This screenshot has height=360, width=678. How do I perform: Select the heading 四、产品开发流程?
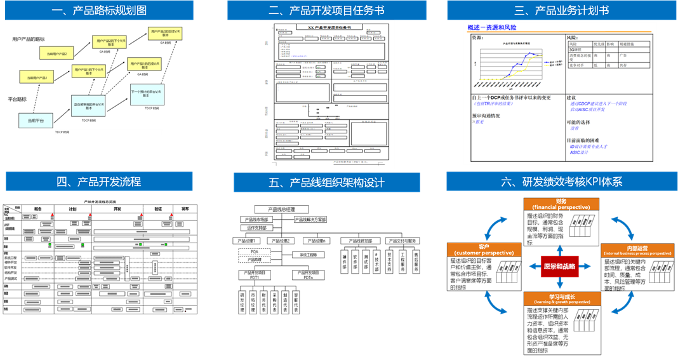click(99, 182)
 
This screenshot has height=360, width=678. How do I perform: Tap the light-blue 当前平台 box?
click(36, 120)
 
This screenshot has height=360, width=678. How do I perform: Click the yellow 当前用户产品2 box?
click(56, 54)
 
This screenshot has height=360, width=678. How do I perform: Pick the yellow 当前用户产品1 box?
click(37, 77)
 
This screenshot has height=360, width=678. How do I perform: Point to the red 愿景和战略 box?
click(559, 266)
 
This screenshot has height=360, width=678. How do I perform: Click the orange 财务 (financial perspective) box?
click(561, 204)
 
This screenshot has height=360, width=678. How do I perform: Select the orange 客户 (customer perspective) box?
click(484, 250)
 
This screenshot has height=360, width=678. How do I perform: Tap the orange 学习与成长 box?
click(561, 298)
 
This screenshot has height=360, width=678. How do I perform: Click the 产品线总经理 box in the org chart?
click(281, 209)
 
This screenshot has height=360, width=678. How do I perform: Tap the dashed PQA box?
click(254, 252)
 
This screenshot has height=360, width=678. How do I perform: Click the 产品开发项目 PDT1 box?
click(255, 275)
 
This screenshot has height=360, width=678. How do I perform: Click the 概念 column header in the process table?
click(37, 208)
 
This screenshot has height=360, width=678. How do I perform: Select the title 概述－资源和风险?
click(491, 27)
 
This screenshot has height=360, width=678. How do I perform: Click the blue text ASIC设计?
click(579, 152)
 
